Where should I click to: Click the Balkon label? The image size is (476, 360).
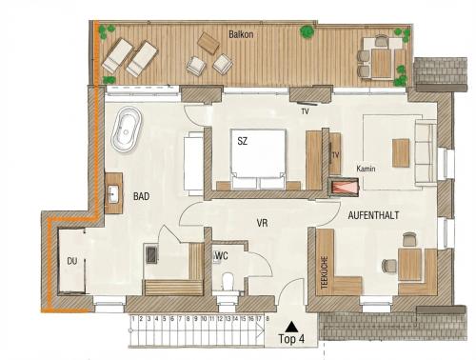point(241,34)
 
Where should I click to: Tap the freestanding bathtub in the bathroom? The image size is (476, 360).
point(127,130)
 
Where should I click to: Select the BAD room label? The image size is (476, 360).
point(141,196)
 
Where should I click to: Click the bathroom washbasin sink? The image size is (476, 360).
point(113,193)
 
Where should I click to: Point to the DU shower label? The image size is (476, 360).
point(72,261)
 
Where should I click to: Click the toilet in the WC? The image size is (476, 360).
point(228,282)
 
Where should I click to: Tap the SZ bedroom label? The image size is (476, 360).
point(243,141)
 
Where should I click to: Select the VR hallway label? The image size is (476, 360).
point(262,223)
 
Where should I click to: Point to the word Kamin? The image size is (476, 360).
point(366,169)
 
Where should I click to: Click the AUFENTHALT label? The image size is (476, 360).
point(373,215)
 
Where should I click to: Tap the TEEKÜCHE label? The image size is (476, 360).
point(325,272)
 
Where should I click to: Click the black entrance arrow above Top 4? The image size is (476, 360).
point(291,326)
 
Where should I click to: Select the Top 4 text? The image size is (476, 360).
point(291,339)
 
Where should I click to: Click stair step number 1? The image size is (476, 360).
point(133,318)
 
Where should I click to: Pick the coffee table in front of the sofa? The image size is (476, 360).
point(401,152)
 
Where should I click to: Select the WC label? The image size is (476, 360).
point(221,256)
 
